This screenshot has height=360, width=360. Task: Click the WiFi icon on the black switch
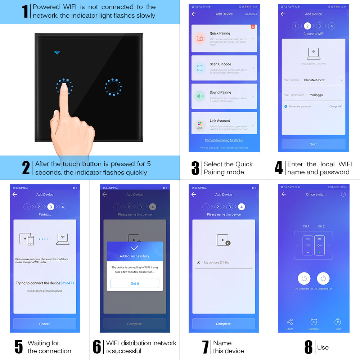(57, 53)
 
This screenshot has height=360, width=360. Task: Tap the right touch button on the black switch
(113, 87)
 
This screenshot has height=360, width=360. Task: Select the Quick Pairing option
(224, 38)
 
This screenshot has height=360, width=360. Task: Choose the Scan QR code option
(224, 68)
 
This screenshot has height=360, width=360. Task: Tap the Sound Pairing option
(224, 96)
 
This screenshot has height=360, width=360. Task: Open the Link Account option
(224, 124)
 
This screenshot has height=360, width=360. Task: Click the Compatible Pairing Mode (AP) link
(224, 140)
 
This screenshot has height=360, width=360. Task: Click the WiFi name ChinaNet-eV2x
(314, 80)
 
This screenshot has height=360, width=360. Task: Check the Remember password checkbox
(286, 107)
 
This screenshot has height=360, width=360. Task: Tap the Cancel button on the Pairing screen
(45, 324)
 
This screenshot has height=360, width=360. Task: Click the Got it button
(135, 283)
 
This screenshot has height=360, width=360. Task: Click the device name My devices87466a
(216, 262)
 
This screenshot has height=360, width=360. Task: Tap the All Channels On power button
(304, 279)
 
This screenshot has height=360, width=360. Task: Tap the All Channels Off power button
(323, 279)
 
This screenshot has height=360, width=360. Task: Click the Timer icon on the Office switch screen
(337, 323)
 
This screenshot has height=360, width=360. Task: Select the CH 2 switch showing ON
(319, 245)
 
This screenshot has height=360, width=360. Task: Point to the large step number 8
(308, 347)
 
